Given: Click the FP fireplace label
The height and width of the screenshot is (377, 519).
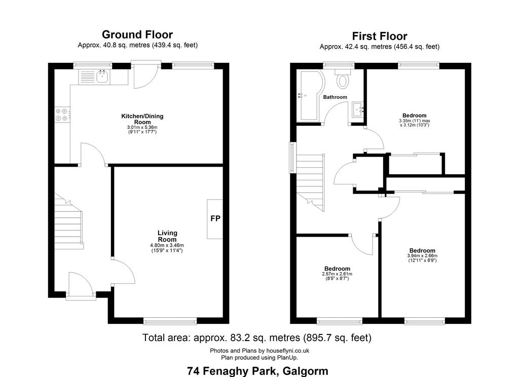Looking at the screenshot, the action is pos(215,218).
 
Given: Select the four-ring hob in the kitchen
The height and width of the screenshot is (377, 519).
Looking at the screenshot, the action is pos(62,115).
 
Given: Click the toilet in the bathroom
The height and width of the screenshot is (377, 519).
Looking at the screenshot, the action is pos(343,79).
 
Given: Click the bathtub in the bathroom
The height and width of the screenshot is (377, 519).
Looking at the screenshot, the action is pos(308,96).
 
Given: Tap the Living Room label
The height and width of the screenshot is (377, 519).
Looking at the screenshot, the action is pos(167,236).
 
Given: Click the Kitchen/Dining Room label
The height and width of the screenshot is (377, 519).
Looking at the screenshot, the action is pos(142,119).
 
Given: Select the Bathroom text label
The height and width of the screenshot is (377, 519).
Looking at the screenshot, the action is pos(335,97).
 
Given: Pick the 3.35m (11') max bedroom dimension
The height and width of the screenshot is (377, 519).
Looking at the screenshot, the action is pos(415,121).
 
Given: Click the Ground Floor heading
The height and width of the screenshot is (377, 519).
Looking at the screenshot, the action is pos(137,34).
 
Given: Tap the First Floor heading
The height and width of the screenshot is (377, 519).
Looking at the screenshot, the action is pos(380,36).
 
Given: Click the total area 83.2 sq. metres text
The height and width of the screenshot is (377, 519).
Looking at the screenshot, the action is pos(257,337).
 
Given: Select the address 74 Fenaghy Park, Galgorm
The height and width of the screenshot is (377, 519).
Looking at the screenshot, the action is pos(257,371).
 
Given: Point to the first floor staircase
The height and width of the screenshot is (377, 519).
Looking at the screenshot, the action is pos(310,183).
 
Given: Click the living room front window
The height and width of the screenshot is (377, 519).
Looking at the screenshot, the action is pos(170,321).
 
